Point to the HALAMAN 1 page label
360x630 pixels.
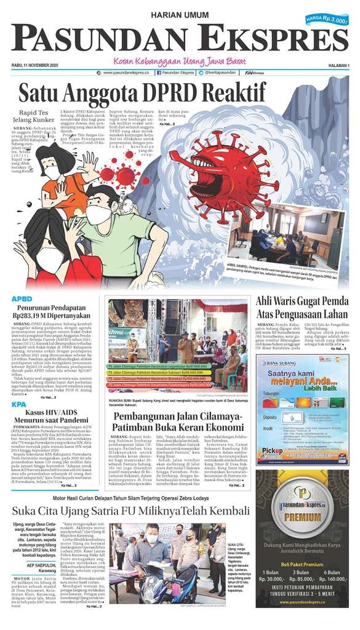pos(336,65)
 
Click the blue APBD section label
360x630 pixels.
pos(22,299)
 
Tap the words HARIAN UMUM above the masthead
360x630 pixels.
pos(179,14)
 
